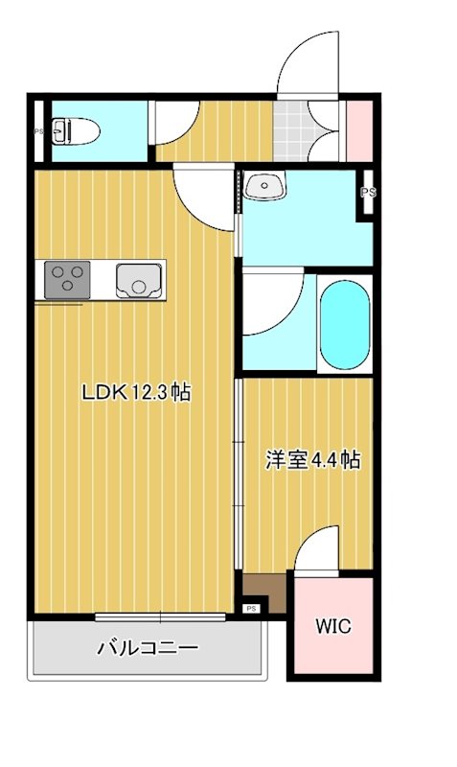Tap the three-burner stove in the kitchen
(66, 280)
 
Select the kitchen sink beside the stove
(139, 280)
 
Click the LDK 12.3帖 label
(135, 392)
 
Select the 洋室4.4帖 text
(312, 460)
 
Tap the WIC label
(333, 627)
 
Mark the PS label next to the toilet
(39, 132)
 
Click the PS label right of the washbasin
(367, 193)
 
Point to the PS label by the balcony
(251, 608)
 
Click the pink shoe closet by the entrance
(357, 128)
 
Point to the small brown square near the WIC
(260, 587)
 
